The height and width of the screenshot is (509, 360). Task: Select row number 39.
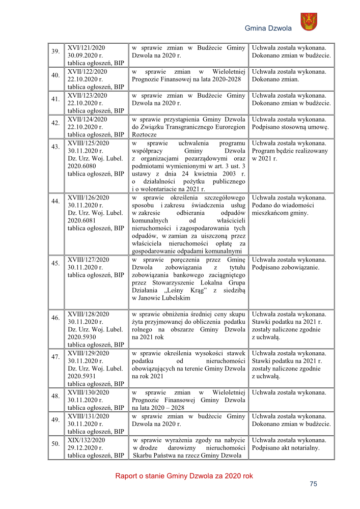click(x=56, y=51)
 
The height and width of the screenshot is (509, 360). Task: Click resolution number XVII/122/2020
click(x=87, y=72)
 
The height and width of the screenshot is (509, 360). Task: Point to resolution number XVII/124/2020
click(x=88, y=119)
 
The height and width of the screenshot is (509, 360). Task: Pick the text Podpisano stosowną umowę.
click(x=291, y=127)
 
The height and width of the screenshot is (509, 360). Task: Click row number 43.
click(x=56, y=147)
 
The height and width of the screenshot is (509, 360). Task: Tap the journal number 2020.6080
click(x=81, y=166)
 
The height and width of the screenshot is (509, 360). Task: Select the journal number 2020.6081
click(x=81, y=221)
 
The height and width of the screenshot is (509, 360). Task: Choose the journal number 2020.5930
click(x=81, y=337)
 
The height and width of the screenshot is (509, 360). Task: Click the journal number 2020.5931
click(x=81, y=377)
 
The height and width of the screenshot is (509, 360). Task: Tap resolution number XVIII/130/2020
click(x=89, y=392)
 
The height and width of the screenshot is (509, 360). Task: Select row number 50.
click(x=56, y=444)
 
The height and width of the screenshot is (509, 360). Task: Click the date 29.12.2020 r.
click(x=86, y=448)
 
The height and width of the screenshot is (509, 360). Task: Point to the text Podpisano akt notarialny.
click(x=286, y=448)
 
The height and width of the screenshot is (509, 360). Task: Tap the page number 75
click(x=313, y=484)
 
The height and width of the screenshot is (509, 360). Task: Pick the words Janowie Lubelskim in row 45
click(x=157, y=298)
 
